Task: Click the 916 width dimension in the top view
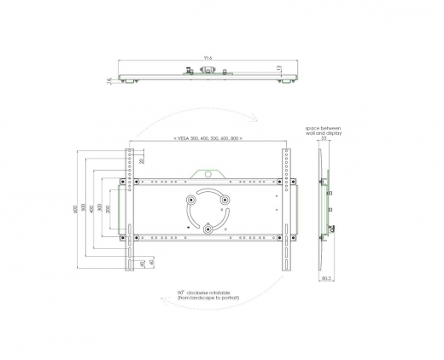(208, 58)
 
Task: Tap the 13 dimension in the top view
(278, 67)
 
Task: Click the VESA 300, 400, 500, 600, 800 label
(207, 137)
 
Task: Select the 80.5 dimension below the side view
(326, 278)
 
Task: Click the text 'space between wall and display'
(324, 130)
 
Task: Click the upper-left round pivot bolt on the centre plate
(190, 200)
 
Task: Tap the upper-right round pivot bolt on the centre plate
(226, 200)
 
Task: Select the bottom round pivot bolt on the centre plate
(208, 229)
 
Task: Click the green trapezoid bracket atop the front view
(208, 173)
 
